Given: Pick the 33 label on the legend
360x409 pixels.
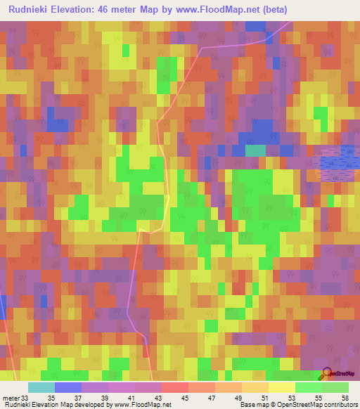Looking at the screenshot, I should pyautogui.click(x=25, y=397).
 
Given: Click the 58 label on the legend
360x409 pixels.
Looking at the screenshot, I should pyautogui.click(x=345, y=397).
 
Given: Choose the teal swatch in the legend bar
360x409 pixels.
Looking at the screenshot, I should pyautogui.click(x=41, y=387).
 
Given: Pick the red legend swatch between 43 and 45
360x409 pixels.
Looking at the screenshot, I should pyautogui.click(x=175, y=387).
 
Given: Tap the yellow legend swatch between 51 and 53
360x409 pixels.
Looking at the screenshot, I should pyautogui.click(x=282, y=387).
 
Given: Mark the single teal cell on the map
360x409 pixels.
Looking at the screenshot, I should pyautogui.click(x=255, y=150).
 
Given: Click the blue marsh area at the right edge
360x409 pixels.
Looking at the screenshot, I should pyautogui.click(x=339, y=162).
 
